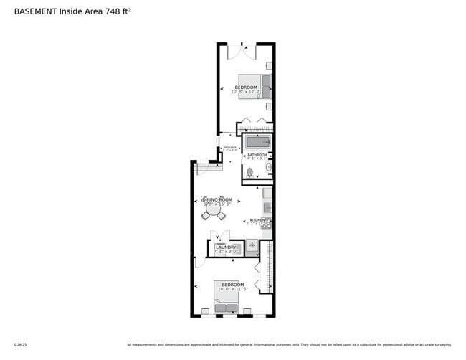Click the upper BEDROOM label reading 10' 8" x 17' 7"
(245, 90)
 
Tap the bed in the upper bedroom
(255, 86)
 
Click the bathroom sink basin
(269, 168)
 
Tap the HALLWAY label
(229, 148)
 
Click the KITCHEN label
(257, 222)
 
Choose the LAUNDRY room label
(226, 249)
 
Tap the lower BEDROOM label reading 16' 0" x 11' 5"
(232, 287)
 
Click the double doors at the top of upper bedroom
(241, 50)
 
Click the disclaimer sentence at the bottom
(289, 344)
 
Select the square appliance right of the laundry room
(252, 247)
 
